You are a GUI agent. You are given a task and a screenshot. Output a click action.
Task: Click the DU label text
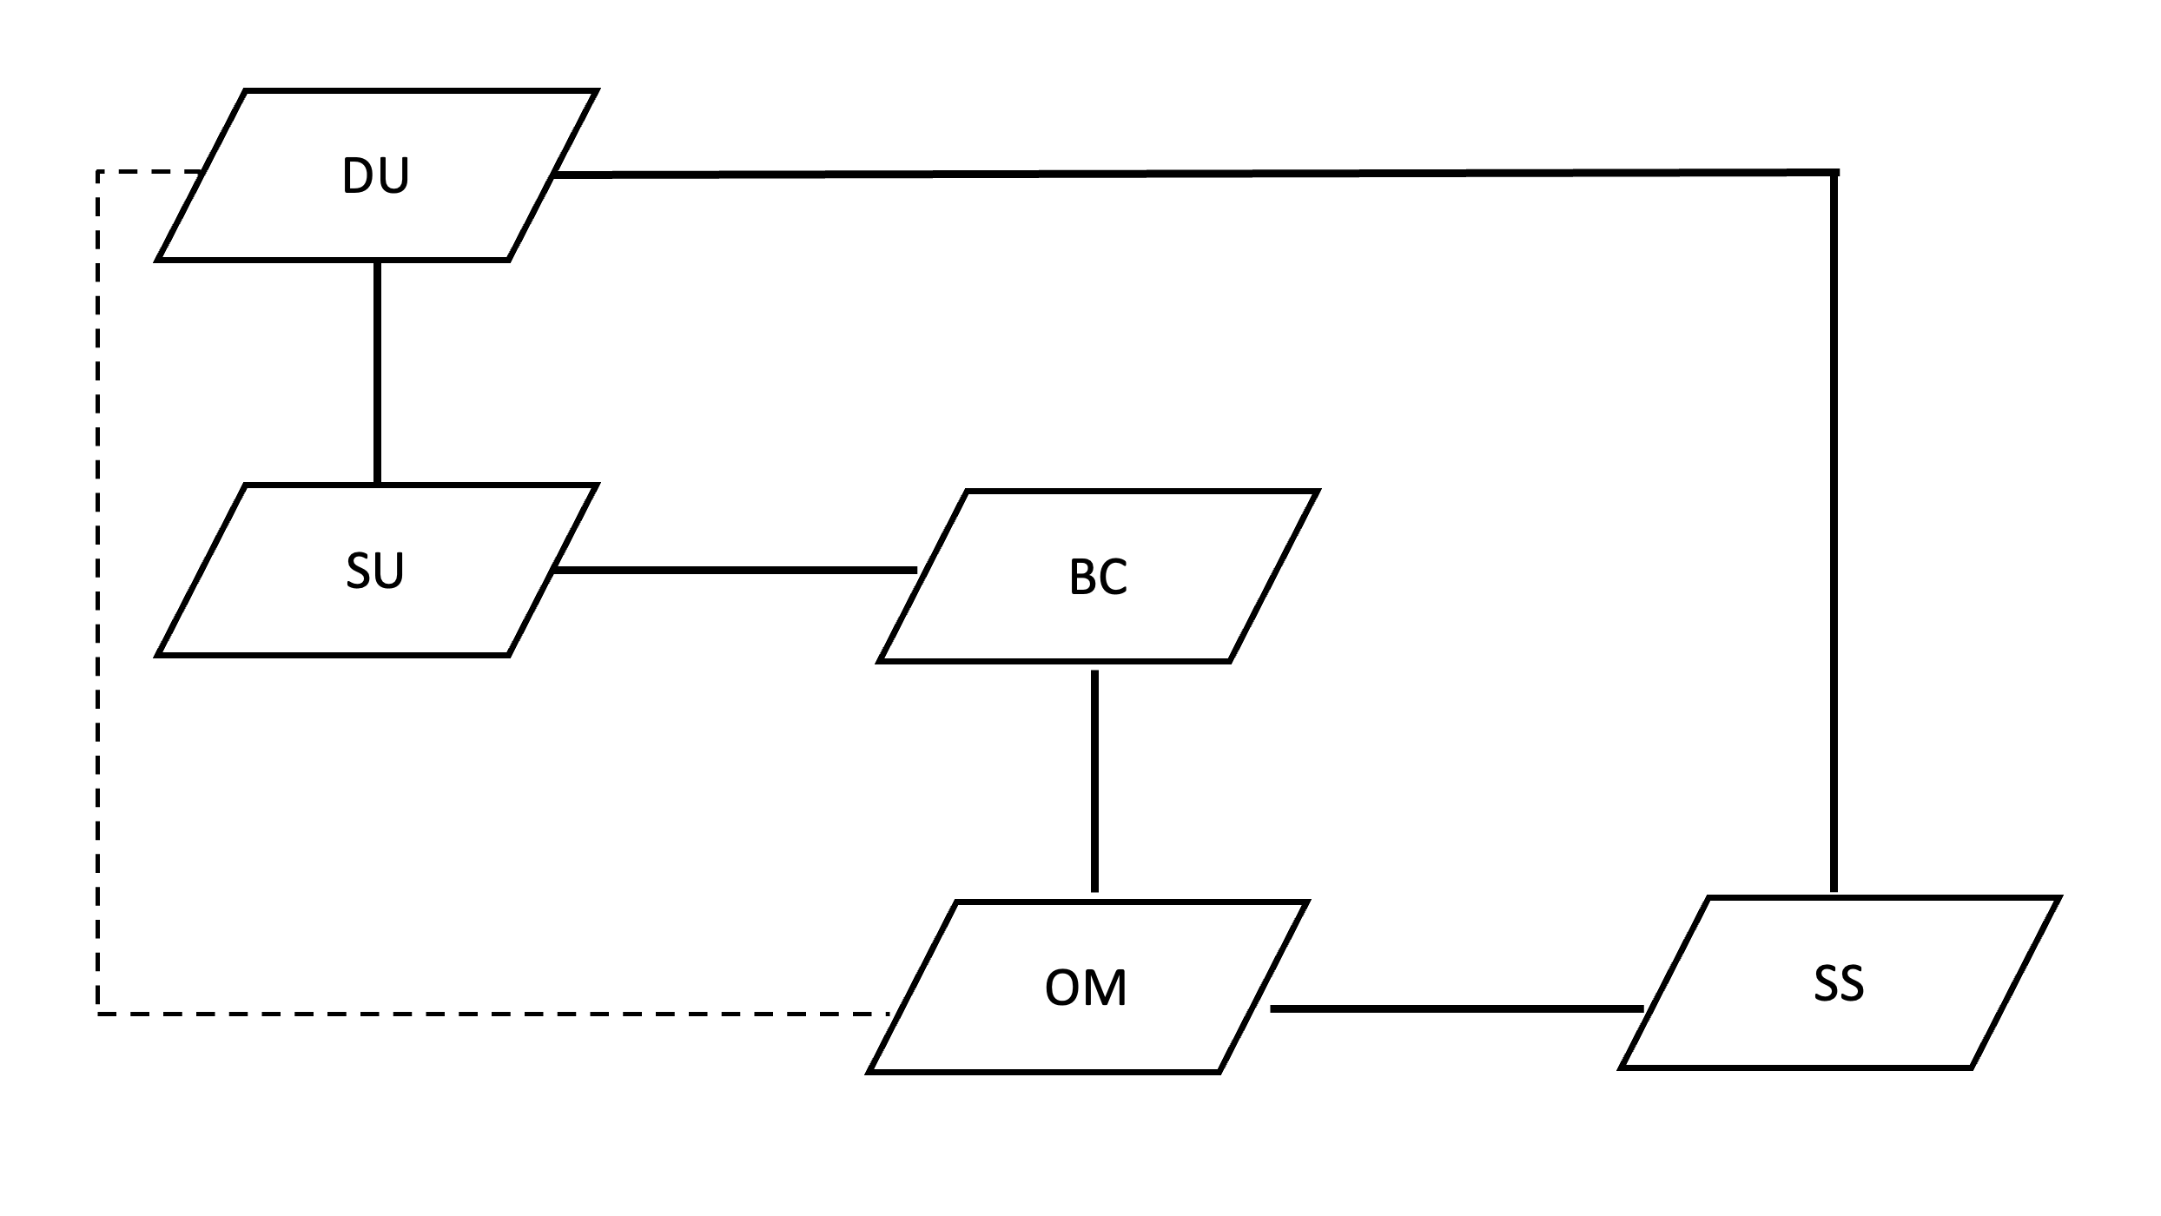tap(375, 176)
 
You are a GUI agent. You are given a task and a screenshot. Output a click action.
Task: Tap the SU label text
tap(375, 572)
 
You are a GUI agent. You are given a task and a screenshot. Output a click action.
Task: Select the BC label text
tap(1098, 577)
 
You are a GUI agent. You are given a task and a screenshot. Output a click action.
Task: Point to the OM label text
tap(1086, 988)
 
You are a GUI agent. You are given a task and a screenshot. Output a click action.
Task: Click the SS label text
tap(1839, 984)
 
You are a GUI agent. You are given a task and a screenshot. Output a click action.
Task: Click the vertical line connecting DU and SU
tap(377, 372)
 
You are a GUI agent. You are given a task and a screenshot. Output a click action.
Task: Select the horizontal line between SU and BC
tap(735, 570)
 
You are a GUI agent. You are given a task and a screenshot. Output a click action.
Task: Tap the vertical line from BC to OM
tap(1094, 780)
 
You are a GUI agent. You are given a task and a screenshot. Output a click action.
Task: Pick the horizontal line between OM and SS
tap(1457, 1008)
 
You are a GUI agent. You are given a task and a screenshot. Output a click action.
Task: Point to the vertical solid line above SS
tap(1834, 530)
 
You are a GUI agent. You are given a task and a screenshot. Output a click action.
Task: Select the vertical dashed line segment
tap(98, 591)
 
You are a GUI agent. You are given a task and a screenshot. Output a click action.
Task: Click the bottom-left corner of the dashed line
tap(98, 1013)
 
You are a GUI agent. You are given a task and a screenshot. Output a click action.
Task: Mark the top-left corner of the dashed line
tap(98, 173)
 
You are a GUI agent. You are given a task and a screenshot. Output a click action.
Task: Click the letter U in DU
tap(393, 176)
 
